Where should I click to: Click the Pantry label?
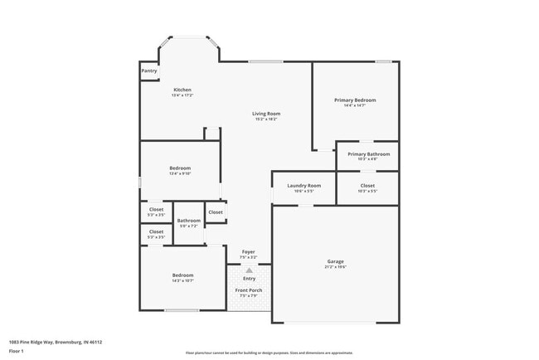pyautogui.click(x=149, y=71)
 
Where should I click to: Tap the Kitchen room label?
pyautogui.click(x=182, y=90)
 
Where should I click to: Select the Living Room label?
pyautogui.click(x=267, y=114)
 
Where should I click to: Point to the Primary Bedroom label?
pyautogui.click(x=355, y=100)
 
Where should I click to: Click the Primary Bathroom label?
pyautogui.click(x=368, y=154)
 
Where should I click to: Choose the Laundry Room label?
pyautogui.click(x=303, y=186)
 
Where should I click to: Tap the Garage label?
pyautogui.click(x=335, y=261)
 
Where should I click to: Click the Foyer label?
pyautogui.click(x=249, y=251)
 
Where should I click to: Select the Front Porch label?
pyautogui.click(x=249, y=290)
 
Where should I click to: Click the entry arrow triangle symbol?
pyautogui.click(x=249, y=270)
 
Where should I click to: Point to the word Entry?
pyautogui.click(x=249, y=279)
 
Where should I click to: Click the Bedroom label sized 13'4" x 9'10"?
pyautogui.click(x=180, y=168)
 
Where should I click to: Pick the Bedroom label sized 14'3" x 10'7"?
pyautogui.click(x=182, y=275)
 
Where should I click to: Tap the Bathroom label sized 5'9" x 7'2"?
pyautogui.click(x=189, y=221)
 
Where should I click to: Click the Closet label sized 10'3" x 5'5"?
pyautogui.click(x=367, y=186)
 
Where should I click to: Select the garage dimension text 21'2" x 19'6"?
pyautogui.click(x=335, y=267)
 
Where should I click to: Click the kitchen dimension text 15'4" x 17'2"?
pyautogui.click(x=182, y=95)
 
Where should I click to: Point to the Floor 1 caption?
pyautogui.click(x=17, y=351)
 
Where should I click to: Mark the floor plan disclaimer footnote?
pyautogui.click(x=269, y=353)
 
